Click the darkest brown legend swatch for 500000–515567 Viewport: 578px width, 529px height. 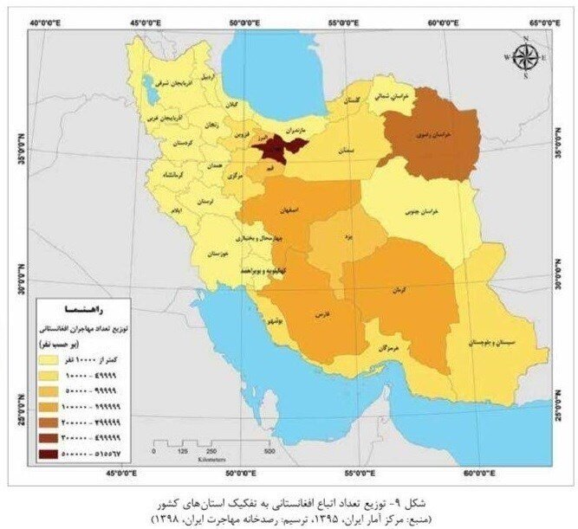54,455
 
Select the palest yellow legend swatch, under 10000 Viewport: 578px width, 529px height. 54,358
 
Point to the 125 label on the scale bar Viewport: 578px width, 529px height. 183,451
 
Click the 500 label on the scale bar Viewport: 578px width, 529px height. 270,451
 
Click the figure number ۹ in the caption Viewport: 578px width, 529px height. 395,502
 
